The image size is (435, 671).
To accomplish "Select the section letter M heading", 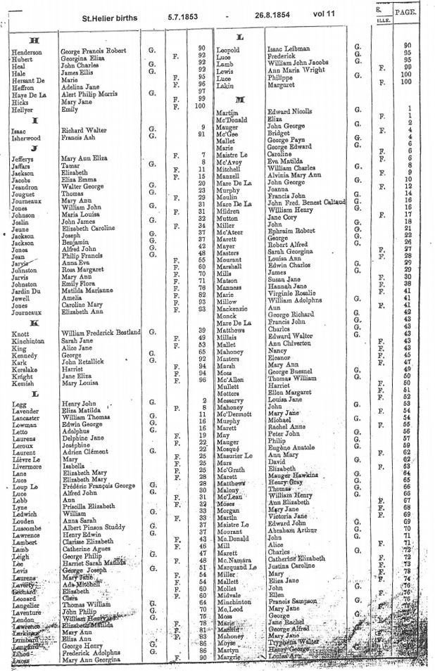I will (239, 99).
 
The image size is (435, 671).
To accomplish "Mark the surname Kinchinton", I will (30, 340).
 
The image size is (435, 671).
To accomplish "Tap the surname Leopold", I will (228, 50).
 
